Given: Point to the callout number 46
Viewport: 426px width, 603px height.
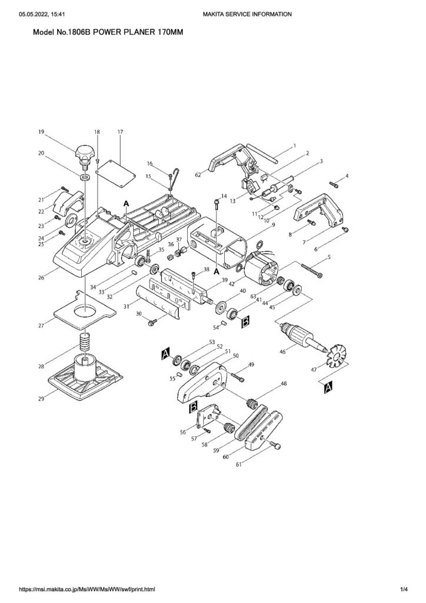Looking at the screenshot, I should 282,352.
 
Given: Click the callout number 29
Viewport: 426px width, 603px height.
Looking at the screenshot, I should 41,399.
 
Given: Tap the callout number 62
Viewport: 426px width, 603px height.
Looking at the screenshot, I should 198,175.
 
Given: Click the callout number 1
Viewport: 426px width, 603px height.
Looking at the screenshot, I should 294,145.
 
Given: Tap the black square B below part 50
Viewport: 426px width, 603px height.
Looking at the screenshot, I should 193,407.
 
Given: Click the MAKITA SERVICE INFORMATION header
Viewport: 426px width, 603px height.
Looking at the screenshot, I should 247,14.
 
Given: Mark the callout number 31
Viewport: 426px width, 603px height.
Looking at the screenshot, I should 125,307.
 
